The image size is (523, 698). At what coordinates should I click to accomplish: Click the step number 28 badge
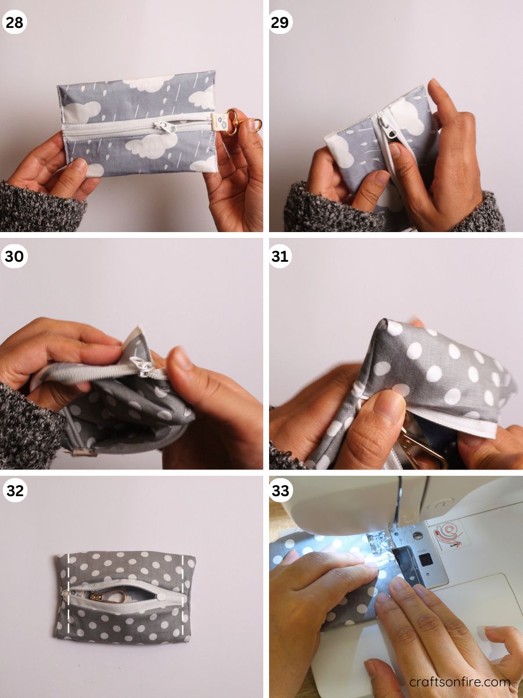[15, 23]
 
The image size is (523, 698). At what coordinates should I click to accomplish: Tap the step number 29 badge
[280, 23]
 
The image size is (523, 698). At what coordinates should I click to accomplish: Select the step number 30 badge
[15, 257]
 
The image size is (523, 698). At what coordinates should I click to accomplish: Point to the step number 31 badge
[280, 257]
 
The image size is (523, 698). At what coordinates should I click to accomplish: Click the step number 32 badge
[15, 490]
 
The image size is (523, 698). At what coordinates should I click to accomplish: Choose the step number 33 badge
[280, 490]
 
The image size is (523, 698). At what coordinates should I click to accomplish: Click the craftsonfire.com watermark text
[459, 682]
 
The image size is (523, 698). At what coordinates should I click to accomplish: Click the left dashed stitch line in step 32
[69, 593]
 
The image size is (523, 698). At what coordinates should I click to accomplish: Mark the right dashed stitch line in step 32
[183, 593]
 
